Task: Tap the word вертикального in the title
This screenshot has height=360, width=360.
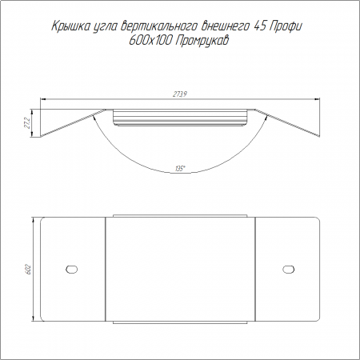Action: pos(159,26)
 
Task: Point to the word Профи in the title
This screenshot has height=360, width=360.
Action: pos(286,26)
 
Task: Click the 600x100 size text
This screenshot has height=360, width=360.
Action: pos(150,41)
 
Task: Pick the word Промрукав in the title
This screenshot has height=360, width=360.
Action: pos(202,42)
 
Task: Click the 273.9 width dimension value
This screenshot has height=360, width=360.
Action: pos(181,94)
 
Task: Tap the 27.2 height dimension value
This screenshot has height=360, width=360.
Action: pos(27,122)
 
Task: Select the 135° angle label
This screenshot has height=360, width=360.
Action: pos(180,169)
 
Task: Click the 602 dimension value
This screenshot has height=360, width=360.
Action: pos(29,269)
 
